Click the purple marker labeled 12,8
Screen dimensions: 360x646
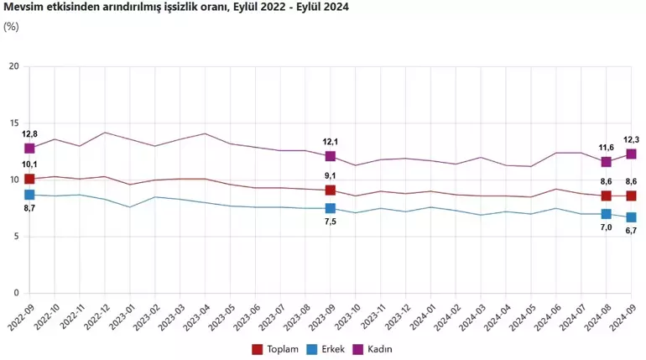[29, 149]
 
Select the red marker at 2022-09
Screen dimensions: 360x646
[29, 179]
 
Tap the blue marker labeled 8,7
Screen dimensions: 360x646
[29, 195]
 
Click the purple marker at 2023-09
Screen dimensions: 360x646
[331, 156]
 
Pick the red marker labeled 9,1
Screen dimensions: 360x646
[331, 190]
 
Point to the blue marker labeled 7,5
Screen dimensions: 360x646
[331, 208]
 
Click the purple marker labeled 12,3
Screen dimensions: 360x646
[631, 154]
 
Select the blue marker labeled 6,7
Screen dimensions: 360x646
[631, 217]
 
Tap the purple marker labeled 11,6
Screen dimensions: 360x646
[607, 162]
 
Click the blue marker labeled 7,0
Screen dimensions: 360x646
[607, 214]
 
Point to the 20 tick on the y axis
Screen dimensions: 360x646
[13, 66]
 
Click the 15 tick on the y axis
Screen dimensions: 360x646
[13, 123]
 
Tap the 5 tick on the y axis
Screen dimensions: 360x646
[15, 237]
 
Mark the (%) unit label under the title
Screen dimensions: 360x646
[11, 26]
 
